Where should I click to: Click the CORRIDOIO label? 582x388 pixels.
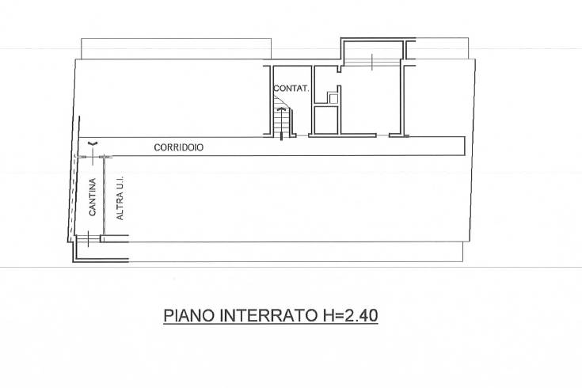(178, 147)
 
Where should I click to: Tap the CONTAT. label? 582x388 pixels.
(291, 89)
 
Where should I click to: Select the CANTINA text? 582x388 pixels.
(93, 197)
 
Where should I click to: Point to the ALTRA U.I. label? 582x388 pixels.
(120, 198)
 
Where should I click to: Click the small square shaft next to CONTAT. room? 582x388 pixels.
(333, 98)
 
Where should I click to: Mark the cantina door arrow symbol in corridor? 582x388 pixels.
(93, 143)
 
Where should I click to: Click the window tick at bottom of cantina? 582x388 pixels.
(89, 239)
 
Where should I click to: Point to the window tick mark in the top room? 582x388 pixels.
(372, 62)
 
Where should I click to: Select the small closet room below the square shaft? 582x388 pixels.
(326, 120)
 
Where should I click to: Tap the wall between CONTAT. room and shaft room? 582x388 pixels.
(313, 100)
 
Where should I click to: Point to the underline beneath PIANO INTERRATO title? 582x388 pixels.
(271, 325)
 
